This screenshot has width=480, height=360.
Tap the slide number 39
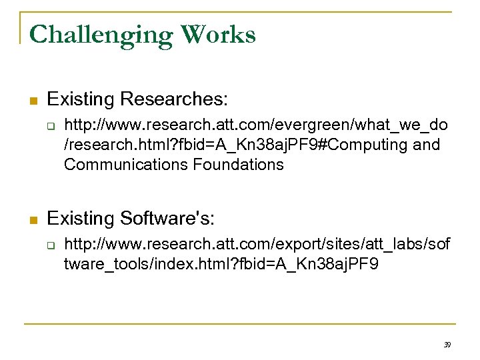[x=447, y=345]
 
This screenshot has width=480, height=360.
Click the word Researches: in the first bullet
[x=174, y=100]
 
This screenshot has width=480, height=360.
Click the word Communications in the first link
[x=123, y=164]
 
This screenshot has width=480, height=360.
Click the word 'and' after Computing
[x=427, y=144]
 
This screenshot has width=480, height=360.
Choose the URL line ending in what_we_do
[x=256, y=125]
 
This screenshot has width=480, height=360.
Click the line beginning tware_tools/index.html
[x=221, y=264]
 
